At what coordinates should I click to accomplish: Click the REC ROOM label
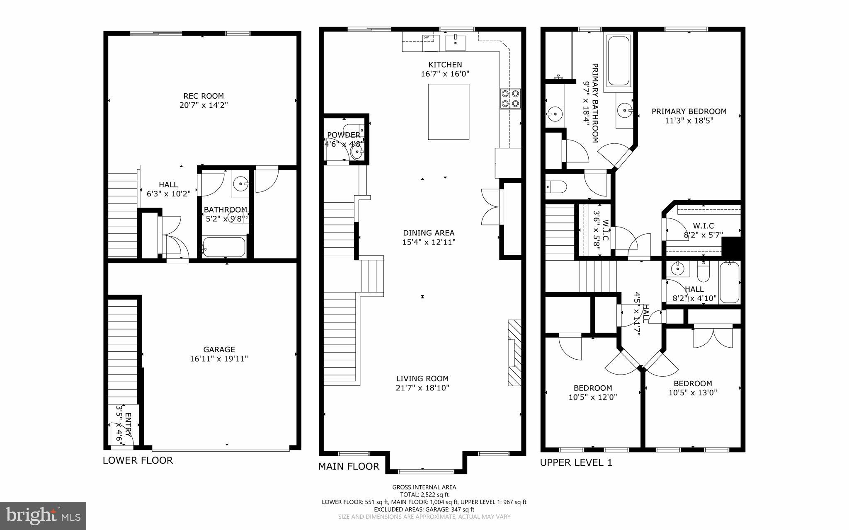coord(203,96)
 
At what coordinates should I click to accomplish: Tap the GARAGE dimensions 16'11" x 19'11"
coord(219,359)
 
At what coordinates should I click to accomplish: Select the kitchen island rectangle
coord(449,111)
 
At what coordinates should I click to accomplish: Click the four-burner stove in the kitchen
coord(510,99)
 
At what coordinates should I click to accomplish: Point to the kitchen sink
coord(455,42)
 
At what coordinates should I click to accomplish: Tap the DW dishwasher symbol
coord(426,38)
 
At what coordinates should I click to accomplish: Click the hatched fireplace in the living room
coord(514,353)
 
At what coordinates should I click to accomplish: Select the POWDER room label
coord(343,135)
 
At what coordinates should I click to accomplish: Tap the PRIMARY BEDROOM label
coord(689,111)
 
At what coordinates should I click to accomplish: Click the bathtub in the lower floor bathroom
coord(223,247)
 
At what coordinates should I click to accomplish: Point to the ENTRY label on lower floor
coord(128,425)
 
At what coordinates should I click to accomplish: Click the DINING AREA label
coord(429,233)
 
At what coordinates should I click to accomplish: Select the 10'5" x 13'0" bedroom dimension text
coord(692,393)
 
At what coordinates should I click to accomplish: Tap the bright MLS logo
coord(43,515)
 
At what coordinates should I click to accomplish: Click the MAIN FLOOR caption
coord(348,467)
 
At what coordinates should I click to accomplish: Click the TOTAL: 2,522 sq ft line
coord(424,494)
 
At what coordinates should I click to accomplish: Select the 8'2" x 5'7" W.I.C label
coord(703,235)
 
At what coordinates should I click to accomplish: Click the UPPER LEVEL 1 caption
coord(576,463)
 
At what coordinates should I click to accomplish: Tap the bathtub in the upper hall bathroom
coord(729,283)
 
